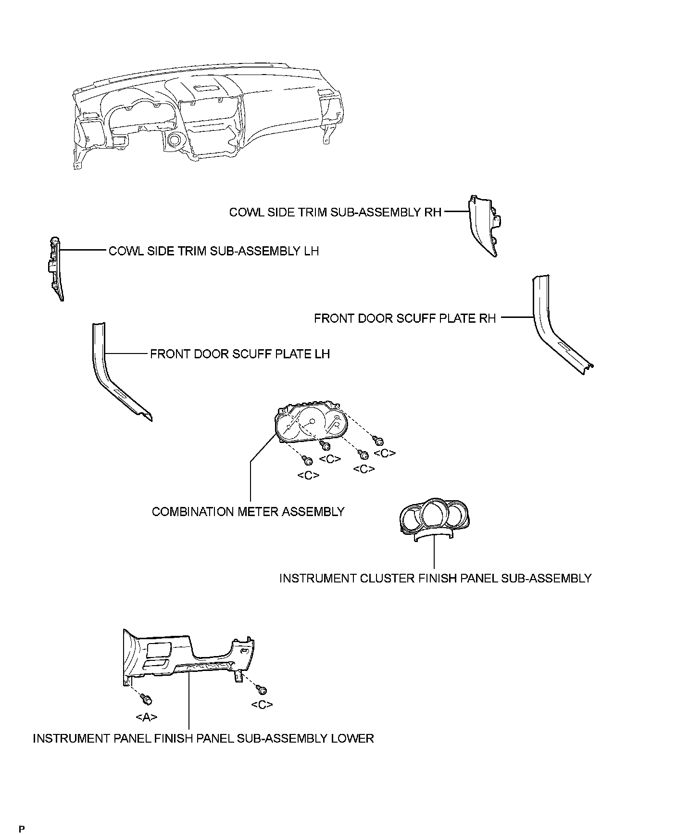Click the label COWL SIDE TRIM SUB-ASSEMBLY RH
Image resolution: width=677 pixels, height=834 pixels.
(335, 212)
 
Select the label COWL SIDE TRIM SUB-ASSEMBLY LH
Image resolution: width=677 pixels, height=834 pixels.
(213, 251)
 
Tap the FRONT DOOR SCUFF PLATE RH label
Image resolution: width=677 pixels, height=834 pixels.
(404, 318)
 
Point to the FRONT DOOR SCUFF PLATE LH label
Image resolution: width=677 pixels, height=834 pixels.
(240, 354)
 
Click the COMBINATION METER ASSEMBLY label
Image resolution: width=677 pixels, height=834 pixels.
(248, 512)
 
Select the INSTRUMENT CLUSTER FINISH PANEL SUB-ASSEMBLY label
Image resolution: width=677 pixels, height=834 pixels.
(435, 578)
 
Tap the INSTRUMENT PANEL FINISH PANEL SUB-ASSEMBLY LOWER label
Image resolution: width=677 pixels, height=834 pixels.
(203, 738)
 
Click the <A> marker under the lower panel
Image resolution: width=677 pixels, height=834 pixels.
(147, 717)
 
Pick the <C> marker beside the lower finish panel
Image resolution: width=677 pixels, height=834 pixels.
(262, 705)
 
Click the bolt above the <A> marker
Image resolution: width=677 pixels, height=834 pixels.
(147, 699)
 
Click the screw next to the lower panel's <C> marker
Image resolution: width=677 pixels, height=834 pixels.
(263, 690)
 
